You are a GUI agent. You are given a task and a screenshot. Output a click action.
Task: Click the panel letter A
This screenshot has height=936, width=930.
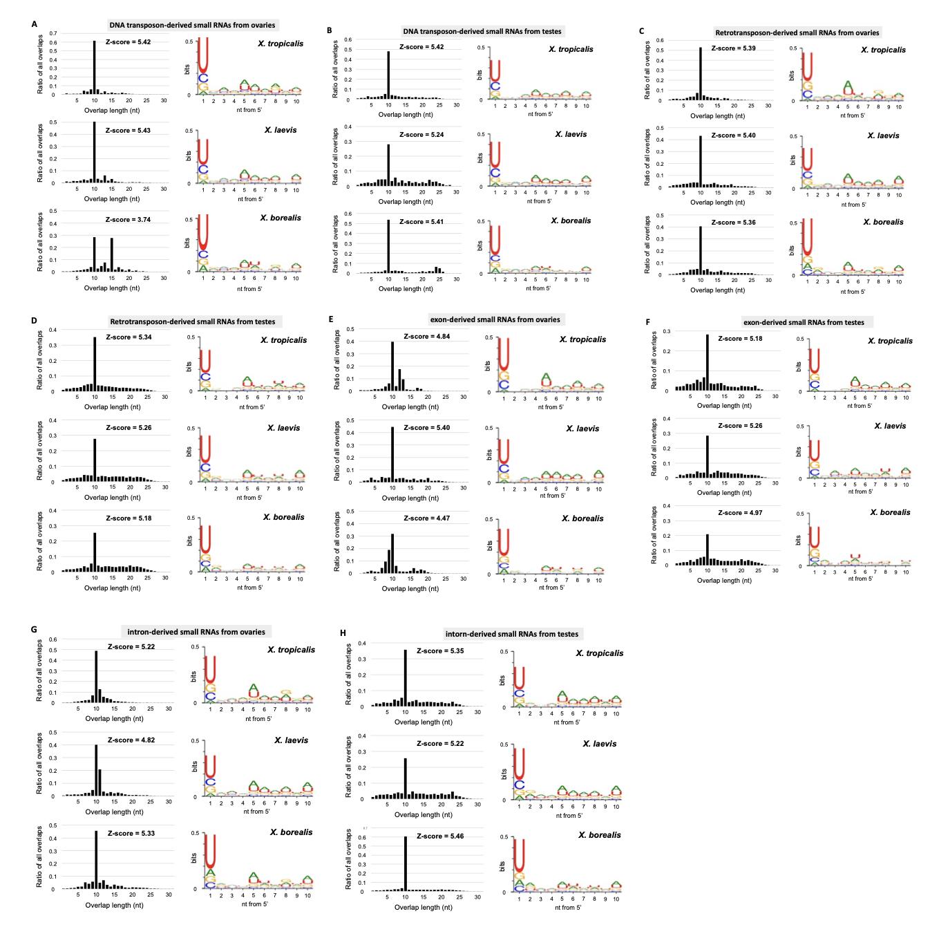(34, 24)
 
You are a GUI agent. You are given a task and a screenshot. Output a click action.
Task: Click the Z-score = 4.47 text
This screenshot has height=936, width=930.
(426, 518)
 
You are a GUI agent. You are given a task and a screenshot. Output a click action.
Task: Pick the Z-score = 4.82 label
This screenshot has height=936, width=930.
(131, 740)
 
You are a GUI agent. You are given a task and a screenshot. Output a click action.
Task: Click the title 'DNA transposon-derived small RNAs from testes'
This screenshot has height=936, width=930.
(482, 31)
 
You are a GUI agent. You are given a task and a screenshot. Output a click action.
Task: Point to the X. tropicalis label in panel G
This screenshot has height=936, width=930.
(291, 650)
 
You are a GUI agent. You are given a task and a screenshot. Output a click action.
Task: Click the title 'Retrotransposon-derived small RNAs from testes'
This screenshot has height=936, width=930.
(192, 321)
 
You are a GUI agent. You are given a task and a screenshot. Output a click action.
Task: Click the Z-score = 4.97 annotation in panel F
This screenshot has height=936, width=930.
(740, 513)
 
